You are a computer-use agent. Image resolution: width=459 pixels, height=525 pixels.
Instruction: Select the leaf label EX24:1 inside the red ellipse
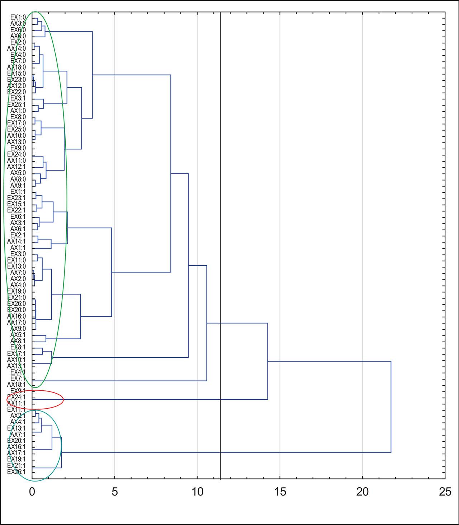click(x=16, y=397)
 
